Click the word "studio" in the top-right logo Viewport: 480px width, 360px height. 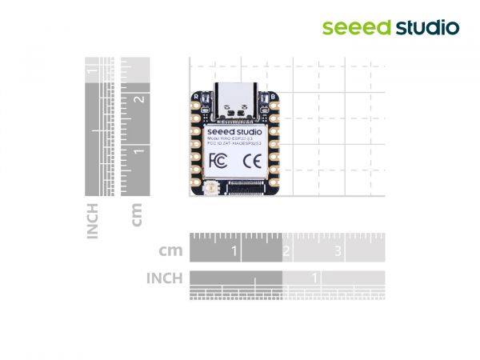click(428, 28)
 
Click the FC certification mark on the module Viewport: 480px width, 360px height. click(216, 161)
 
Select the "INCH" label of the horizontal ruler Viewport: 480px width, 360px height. click(164, 278)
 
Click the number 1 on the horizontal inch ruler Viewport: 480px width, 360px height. click(316, 278)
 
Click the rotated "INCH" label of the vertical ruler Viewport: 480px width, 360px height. click(93, 221)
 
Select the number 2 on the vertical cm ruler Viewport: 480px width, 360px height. click(139, 99)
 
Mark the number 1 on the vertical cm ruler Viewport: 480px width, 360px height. click(139, 151)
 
